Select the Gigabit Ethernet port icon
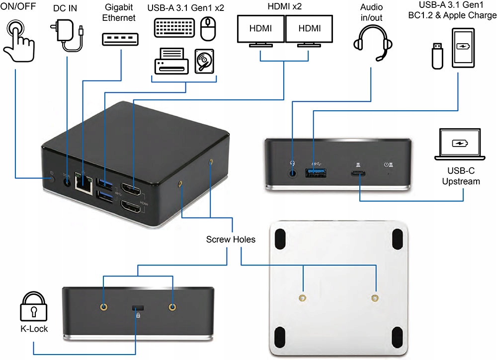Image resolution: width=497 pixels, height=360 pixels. tap(121, 39)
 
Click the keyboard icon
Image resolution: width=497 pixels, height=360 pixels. tap(174, 28)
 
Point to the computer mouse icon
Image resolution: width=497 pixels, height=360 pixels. tap(209, 29)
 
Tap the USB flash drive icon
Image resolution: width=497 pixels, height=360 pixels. tap(437, 55)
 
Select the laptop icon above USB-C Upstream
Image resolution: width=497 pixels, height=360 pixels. tap(459, 144)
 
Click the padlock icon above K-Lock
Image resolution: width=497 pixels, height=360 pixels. tap(33, 308)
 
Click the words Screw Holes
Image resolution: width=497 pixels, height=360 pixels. tap(231, 239)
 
